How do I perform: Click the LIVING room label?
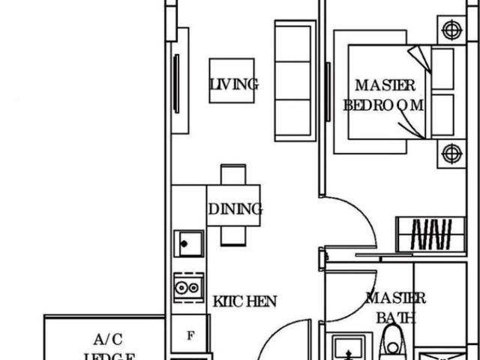(234, 85)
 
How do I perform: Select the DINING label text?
(235, 209)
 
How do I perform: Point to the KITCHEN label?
(244, 301)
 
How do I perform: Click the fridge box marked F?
(190, 335)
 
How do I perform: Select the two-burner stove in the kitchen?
(188, 287)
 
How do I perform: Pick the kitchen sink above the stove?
(188, 244)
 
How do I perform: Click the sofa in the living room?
(294, 80)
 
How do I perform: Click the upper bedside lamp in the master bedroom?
(450, 30)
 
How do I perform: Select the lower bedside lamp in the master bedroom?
(450, 154)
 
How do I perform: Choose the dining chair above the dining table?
(232, 174)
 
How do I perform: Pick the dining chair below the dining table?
(232, 235)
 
